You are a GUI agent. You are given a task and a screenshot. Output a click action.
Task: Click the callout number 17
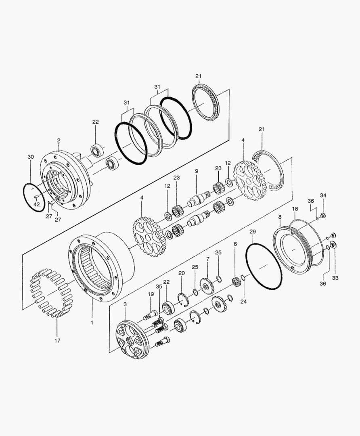pyautogui.click(x=57, y=340)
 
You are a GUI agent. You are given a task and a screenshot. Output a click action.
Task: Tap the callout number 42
pyautogui.click(x=37, y=204)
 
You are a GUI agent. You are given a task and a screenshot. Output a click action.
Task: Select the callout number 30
pyautogui.click(x=31, y=157)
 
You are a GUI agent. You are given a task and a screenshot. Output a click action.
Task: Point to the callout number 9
pyautogui.click(x=197, y=171)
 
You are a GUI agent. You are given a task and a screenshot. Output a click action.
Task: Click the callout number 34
pyautogui.click(x=323, y=195)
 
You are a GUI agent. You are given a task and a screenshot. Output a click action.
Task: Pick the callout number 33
pyautogui.click(x=335, y=278)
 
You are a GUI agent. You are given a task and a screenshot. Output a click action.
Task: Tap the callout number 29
pyautogui.click(x=253, y=231)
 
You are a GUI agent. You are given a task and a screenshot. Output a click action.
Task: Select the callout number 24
pyautogui.click(x=243, y=302)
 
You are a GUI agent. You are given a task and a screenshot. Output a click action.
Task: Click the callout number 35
pyautogui.click(x=159, y=286)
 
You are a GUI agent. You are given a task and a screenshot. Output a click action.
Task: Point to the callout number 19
pyautogui.click(x=151, y=294)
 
